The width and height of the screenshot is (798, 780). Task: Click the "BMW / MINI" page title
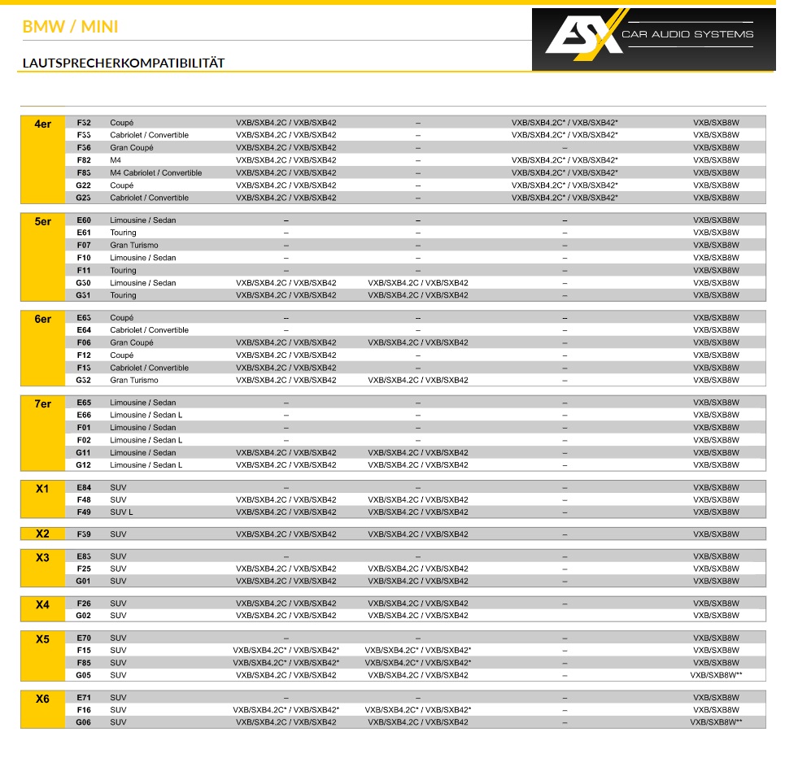(x=70, y=27)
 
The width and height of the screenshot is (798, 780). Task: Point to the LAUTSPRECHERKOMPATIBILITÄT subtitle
(x=123, y=63)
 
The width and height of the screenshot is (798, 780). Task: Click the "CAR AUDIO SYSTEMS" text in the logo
(x=687, y=34)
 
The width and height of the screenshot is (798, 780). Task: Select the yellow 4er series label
(x=42, y=124)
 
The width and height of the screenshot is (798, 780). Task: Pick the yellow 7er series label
(x=42, y=404)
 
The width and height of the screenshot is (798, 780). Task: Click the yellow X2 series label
(x=42, y=534)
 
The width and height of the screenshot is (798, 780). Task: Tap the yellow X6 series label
(x=42, y=699)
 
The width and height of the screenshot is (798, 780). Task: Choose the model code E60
(x=84, y=220)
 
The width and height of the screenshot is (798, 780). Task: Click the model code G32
(x=84, y=381)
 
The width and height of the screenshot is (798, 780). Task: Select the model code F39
(x=84, y=534)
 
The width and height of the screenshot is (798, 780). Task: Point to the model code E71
(x=84, y=698)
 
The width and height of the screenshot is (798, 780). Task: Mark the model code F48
(x=84, y=500)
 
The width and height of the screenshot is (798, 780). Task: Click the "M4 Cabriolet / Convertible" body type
(x=156, y=172)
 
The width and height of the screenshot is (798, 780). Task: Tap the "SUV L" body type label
(x=121, y=512)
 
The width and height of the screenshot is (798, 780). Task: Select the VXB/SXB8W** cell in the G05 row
(x=716, y=675)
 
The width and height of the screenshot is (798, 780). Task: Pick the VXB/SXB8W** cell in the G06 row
(x=716, y=722)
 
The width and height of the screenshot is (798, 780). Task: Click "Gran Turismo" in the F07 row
(x=134, y=246)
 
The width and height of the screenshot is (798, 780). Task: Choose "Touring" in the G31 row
(x=124, y=296)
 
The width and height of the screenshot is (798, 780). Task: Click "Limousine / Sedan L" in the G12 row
(x=146, y=465)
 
